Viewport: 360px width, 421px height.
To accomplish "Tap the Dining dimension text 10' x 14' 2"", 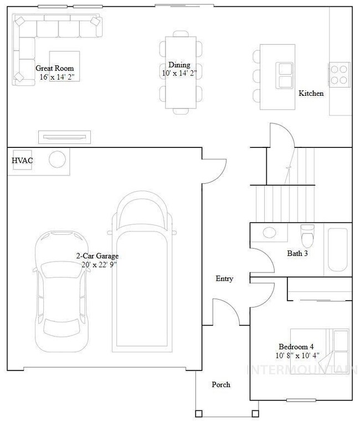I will pos(179,73).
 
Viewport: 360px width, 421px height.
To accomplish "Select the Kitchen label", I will pos(311,94).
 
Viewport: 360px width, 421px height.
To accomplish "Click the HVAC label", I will pos(23,161).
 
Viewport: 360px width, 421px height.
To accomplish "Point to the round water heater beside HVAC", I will pos(57,160).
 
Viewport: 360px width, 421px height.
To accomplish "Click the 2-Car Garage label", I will pos(97,256).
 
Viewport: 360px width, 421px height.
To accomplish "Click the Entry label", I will pos(224,279).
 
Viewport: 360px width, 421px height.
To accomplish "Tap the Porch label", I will pos(221,384).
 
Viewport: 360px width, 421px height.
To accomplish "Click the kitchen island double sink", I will pos(285,75).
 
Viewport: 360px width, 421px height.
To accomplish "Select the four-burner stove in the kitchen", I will pos(340,75).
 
